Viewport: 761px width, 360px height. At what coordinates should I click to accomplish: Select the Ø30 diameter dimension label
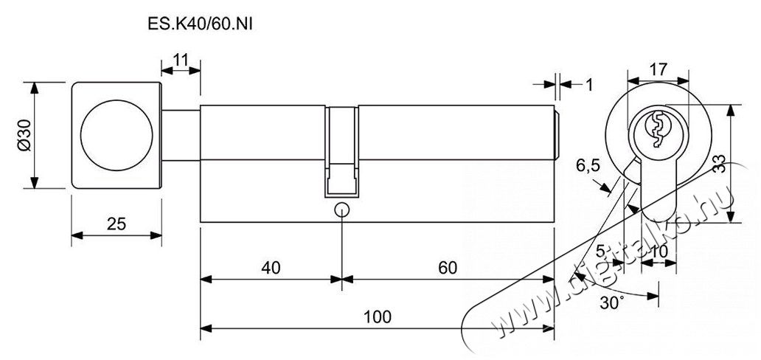(x=24, y=136)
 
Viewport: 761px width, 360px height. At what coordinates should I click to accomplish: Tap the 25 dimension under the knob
(x=117, y=224)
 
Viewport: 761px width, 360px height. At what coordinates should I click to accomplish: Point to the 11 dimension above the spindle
(x=180, y=60)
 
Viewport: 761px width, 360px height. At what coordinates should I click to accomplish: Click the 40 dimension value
(x=271, y=268)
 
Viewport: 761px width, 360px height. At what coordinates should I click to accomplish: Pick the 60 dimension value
(x=448, y=268)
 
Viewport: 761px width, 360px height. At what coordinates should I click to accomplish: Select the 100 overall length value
(x=377, y=316)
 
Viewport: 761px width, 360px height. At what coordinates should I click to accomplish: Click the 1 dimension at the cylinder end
(x=588, y=85)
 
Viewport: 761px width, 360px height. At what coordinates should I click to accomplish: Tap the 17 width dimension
(x=658, y=70)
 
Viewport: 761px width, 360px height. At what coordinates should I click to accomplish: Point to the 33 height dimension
(x=720, y=165)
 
